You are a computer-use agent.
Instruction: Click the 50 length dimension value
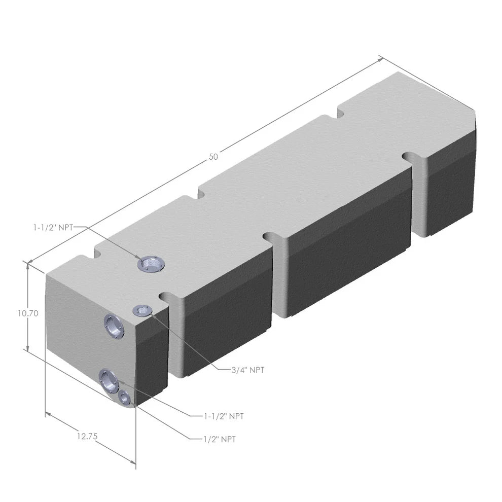coord(213,157)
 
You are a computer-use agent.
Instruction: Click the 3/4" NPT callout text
coord(247,370)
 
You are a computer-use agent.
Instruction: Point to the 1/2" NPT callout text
coord(219,439)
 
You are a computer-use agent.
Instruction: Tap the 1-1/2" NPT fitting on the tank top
coord(151,264)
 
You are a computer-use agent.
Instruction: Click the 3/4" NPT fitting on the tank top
coord(141,310)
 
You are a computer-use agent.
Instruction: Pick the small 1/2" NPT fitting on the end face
coord(124,398)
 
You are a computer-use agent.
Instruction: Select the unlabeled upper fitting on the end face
coord(114,326)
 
